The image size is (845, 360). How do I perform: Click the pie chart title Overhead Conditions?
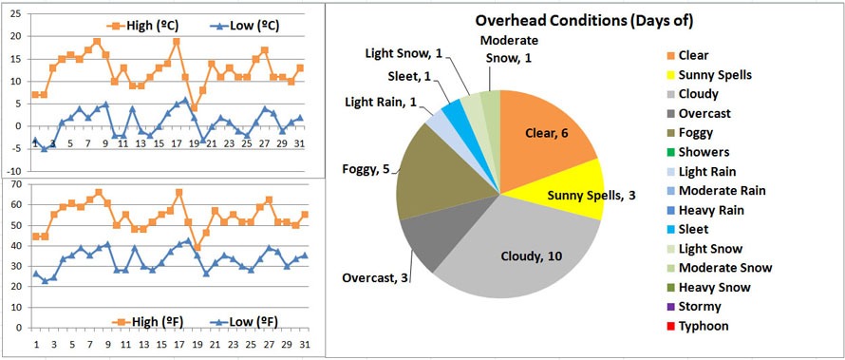[583, 20]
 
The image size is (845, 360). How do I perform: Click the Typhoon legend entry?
[698, 326]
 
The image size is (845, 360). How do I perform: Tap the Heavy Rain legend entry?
[708, 210]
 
